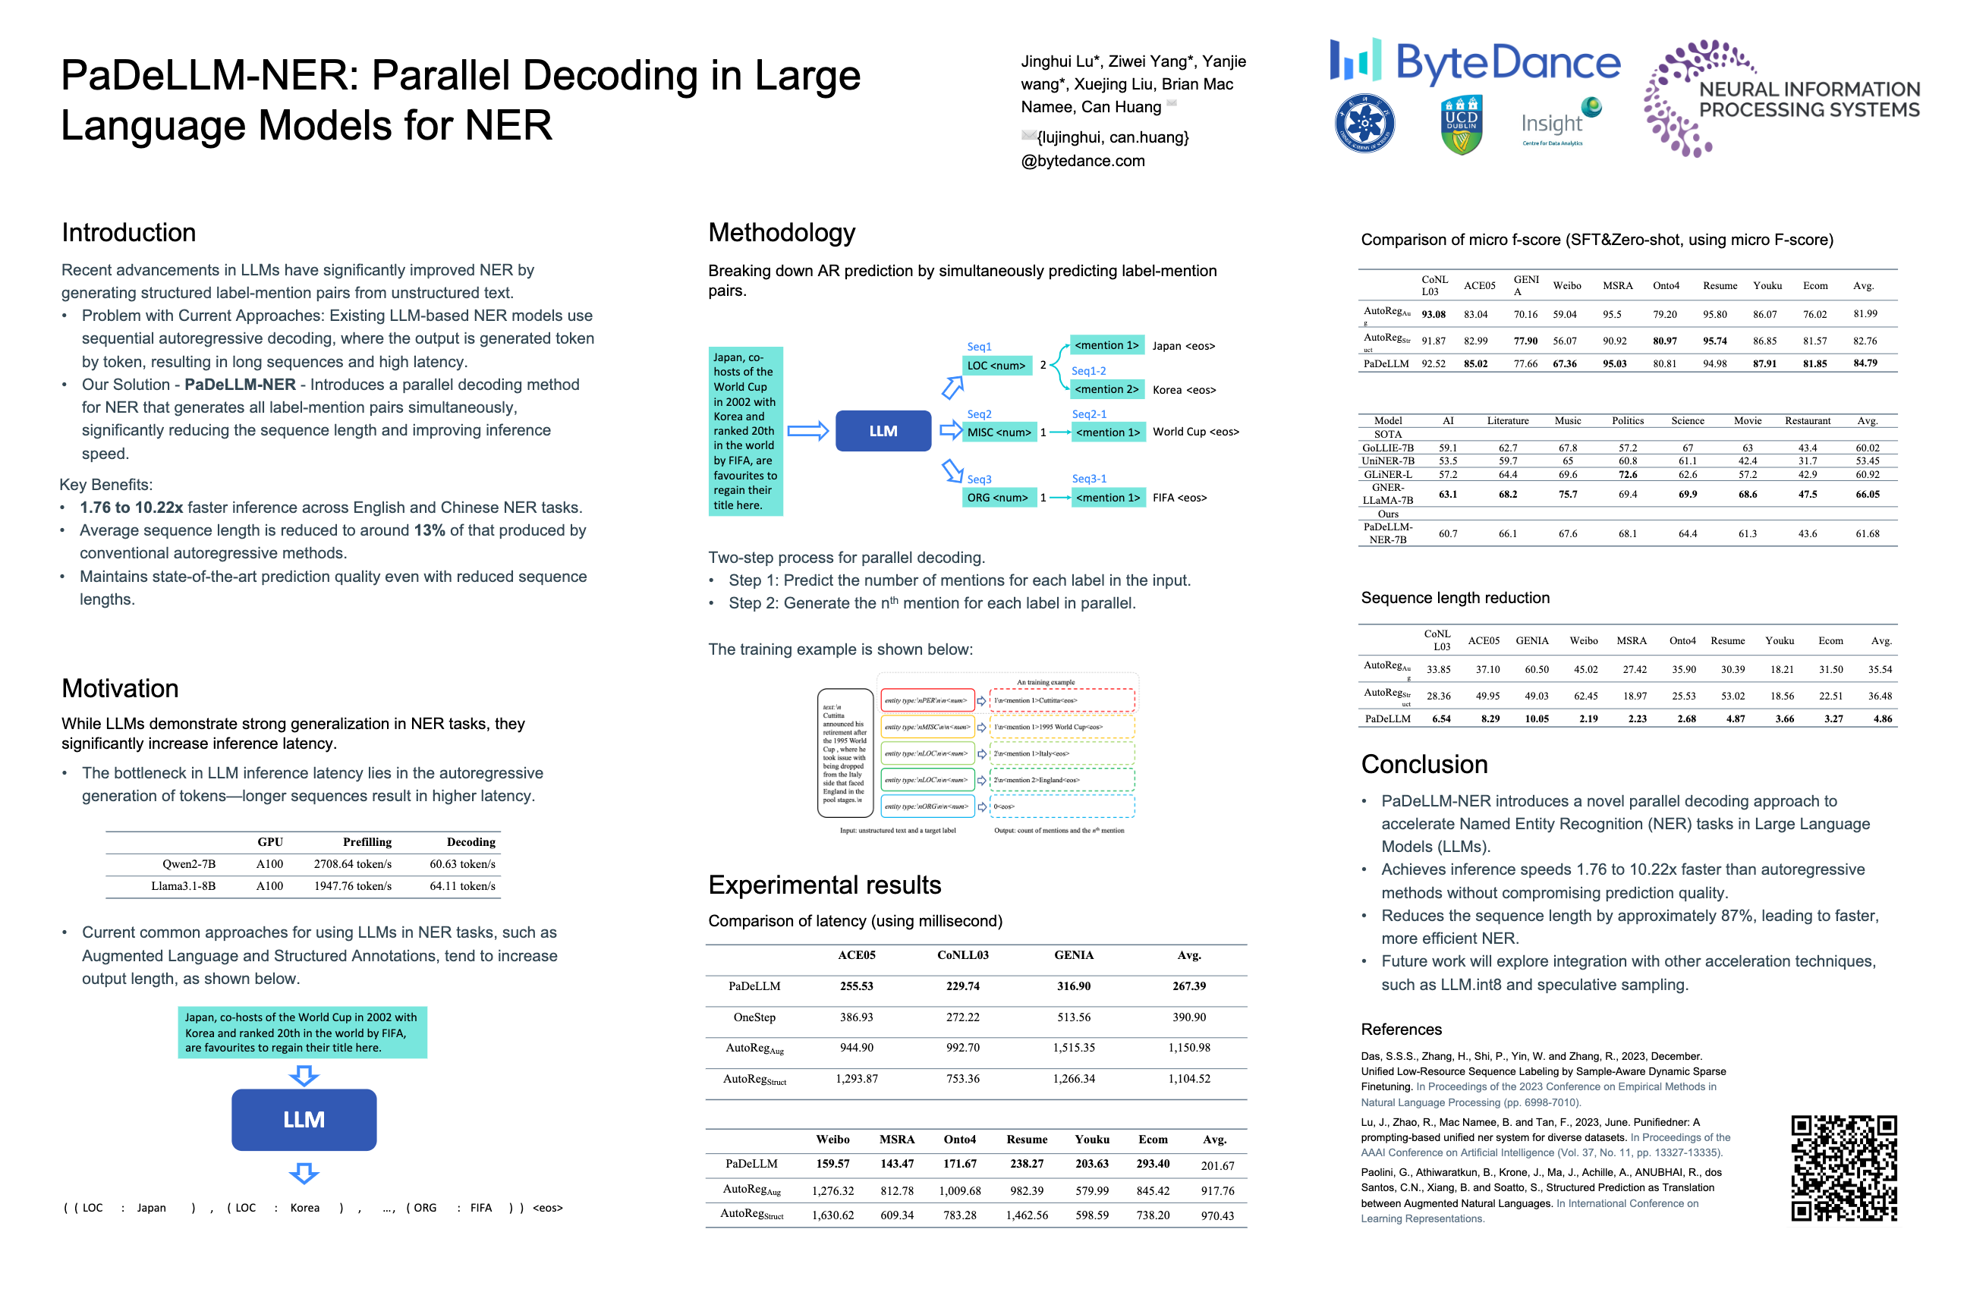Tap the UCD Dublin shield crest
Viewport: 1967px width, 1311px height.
1461,124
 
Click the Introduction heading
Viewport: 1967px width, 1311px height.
129,232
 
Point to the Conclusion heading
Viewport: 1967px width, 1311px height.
1424,764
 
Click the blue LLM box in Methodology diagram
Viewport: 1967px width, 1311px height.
883,432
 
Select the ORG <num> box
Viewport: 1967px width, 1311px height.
998,498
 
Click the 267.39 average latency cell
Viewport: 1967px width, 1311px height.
1188,986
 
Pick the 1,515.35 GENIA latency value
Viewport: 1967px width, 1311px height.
1073,1048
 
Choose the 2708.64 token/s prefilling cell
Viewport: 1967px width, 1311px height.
352,863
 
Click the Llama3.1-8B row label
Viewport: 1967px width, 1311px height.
183,886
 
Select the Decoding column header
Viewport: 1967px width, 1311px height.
471,842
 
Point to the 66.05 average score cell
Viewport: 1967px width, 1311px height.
1867,494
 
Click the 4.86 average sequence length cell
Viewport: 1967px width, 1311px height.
1882,719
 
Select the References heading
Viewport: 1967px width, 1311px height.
1401,1030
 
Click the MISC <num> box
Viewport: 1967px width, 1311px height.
999,432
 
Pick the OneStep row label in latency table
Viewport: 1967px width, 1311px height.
754,1017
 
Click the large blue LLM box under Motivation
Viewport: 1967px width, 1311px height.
304,1120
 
